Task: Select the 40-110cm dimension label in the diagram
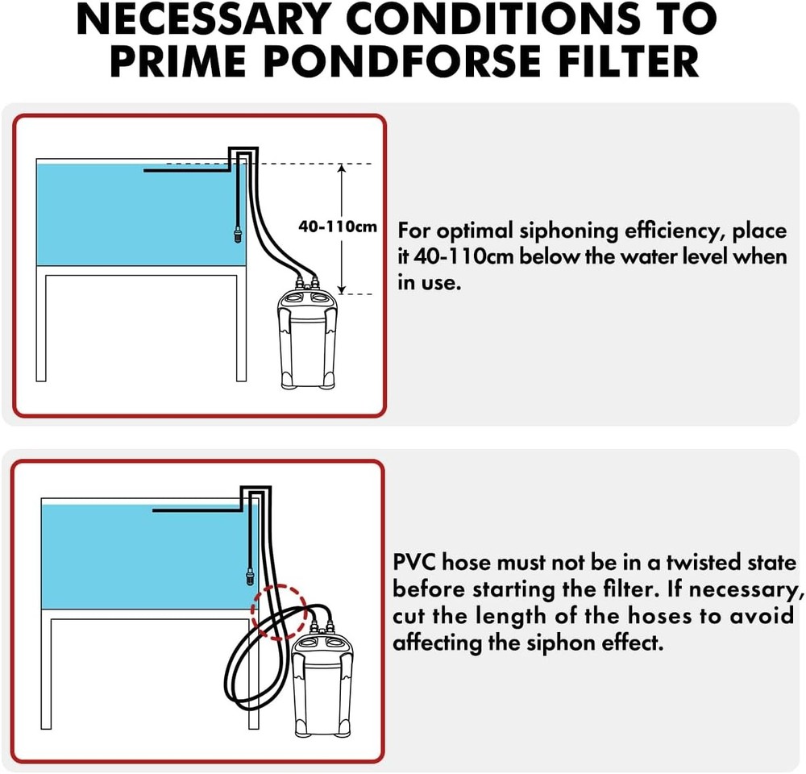point(337,227)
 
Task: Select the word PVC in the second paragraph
point(413,562)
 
